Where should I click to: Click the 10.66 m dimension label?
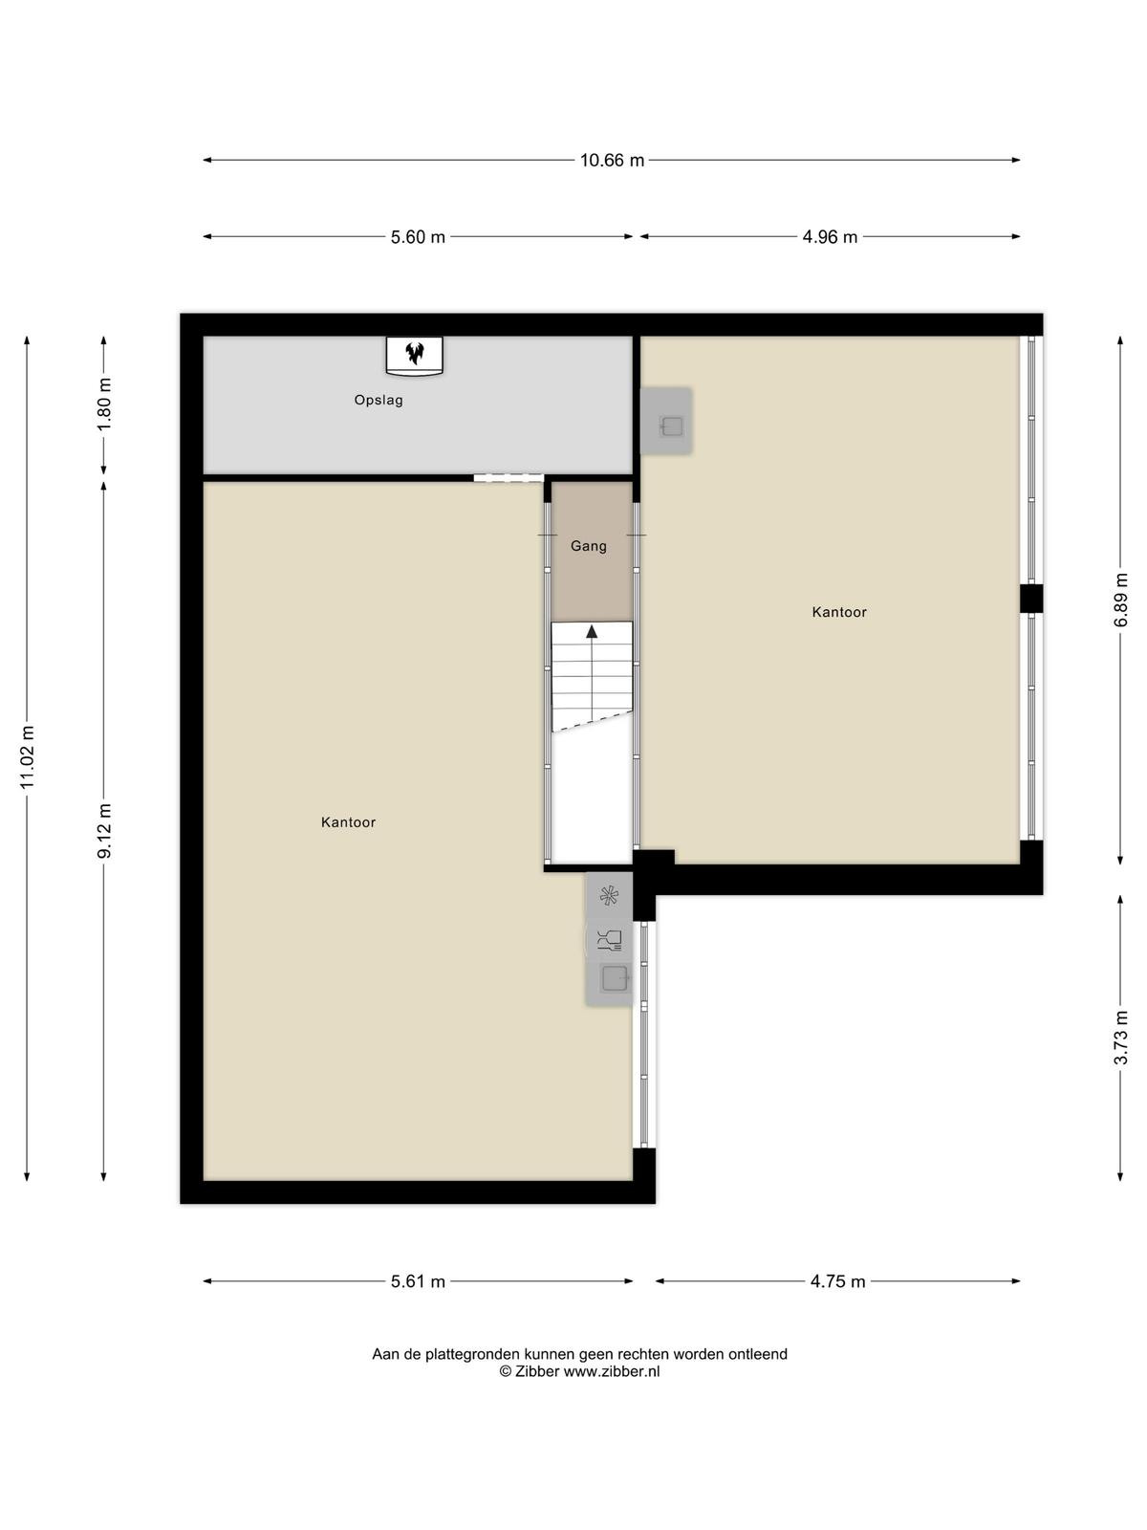click(612, 161)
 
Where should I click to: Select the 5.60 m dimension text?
click(417, 237)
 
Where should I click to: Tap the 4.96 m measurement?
click(830, 237)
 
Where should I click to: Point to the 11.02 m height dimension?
click(27, 757)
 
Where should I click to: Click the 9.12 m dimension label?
click(104, 832)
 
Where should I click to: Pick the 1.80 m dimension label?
click(104, 404)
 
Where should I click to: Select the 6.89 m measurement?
click(1120, 601)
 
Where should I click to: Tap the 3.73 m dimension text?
click(1120, 1038)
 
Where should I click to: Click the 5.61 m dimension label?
click(418, 1281)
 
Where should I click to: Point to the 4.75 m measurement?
click(838, 1281)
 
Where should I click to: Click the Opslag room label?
click(379, 401)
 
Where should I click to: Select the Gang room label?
click(589, 546)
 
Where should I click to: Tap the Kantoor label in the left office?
click(348, 822)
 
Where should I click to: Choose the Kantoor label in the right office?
click(839, 612)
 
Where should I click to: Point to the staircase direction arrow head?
click(592, 631)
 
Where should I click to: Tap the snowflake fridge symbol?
click(610, 896)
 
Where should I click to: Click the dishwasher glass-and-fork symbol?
click(610, 940)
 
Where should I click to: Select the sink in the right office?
click(672, 426)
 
